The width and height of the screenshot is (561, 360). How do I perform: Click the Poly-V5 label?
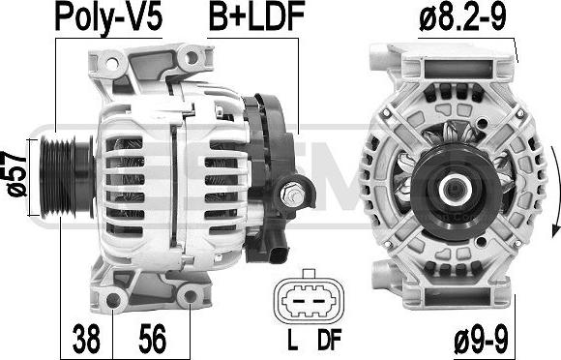(x=108, y=17)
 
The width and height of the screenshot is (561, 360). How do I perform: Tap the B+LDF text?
(x=256, y=16)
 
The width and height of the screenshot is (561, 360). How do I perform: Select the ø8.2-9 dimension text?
(x=462, y=17)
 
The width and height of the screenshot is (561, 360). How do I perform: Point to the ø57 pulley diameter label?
(x=16, y=173)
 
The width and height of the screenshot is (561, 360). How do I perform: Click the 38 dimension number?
(x=86, y=338)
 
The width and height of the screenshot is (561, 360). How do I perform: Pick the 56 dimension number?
(x=153, y=338)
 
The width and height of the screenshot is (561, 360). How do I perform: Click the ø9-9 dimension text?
(x=481, y=341)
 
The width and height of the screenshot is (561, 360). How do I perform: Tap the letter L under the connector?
(x=293, y=340)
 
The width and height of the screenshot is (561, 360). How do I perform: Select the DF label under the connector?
(x=330, y=340)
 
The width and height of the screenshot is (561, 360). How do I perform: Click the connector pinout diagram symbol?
(x=309, y=298)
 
